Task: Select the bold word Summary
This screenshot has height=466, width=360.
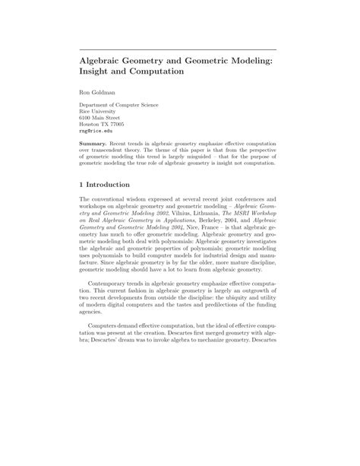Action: click(x=96, y=142)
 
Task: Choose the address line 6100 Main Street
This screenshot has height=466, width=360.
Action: click(x=100, y=118)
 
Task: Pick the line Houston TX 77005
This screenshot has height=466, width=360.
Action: click(x=103, y=124)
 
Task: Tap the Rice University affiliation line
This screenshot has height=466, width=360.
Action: click(x=99, y=111)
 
